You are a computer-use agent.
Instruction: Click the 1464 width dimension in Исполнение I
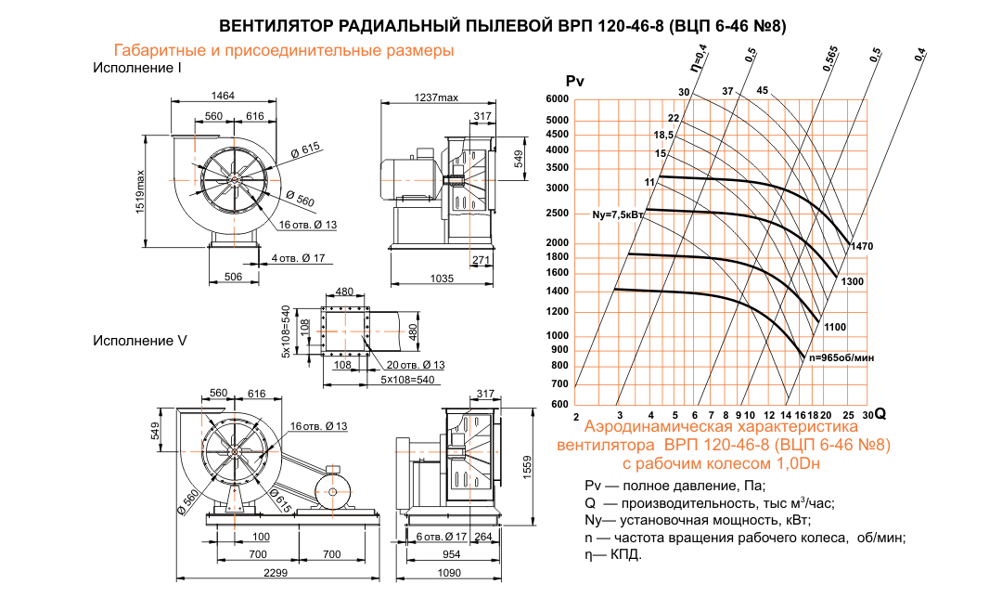point(222,96)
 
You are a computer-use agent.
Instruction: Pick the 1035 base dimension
point(441,279)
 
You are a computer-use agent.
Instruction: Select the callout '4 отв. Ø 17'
point(299,257)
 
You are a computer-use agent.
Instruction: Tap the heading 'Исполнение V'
point(140,341)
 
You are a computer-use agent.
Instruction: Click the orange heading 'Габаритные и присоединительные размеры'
point(283,50)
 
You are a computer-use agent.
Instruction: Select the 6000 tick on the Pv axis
point(557,99)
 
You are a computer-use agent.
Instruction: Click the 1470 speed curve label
point(862,246)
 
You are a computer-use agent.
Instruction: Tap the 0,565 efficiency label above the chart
point(829,58)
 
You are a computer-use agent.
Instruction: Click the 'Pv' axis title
point(574,81)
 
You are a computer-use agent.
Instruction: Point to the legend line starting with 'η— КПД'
point(613,555)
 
